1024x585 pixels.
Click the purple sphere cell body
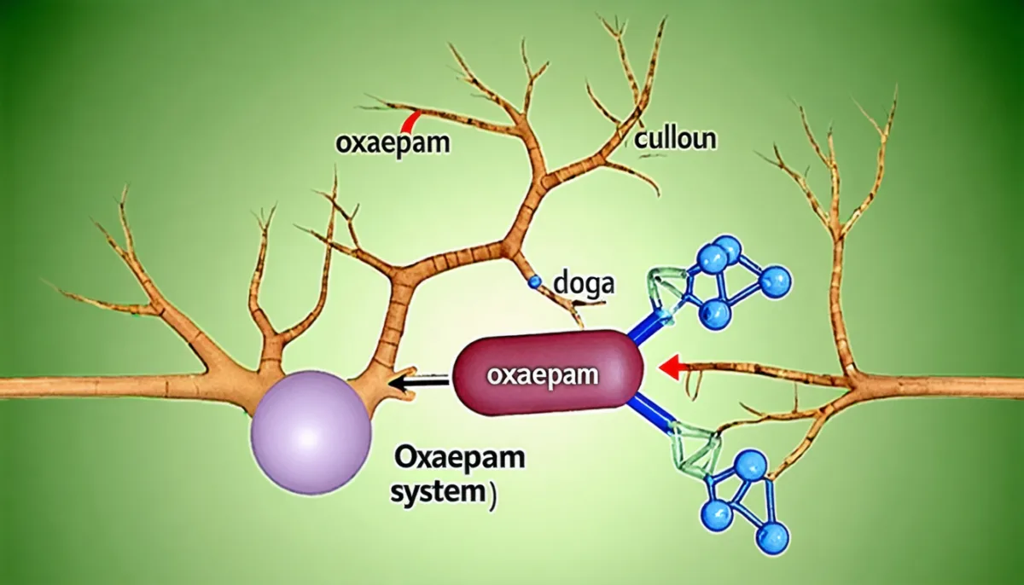tap(311, 432)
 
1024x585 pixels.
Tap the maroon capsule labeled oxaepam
tap(547, 373)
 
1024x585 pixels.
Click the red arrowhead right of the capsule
tap(669, 368)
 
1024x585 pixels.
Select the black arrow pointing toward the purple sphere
tap(418, 384)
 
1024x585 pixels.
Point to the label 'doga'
tap(584, 284)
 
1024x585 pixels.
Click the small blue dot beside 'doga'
tap(534, 281)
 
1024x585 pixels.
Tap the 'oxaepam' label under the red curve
tap(393, 143)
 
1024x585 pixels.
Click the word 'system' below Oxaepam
tap(437, 494)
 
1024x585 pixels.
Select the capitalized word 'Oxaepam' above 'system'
tap(459, 458)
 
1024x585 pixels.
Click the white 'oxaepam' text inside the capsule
tap(543, 375)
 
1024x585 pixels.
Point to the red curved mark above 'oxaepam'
tap(410, 121)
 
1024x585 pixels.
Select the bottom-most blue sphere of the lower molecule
tap(773, 539)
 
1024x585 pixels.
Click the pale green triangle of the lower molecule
tap(695, 449)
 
